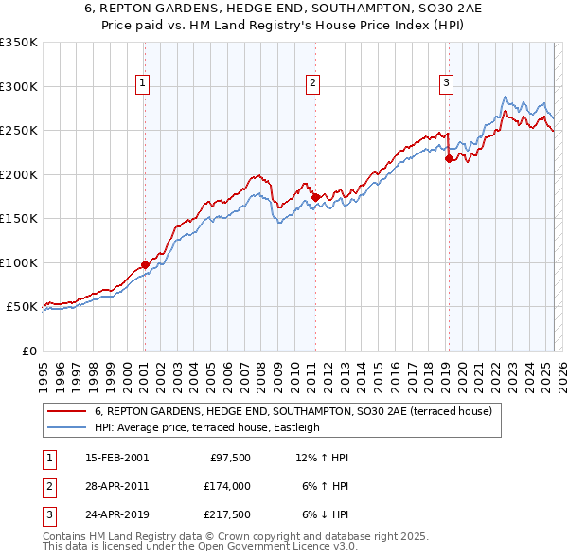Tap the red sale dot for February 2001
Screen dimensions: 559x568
pyautogui.click(x=145, y=264)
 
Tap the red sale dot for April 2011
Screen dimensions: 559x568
pyautogui.click(x=314, y=197)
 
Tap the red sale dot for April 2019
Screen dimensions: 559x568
pyautogui.click(x=448, y=159)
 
